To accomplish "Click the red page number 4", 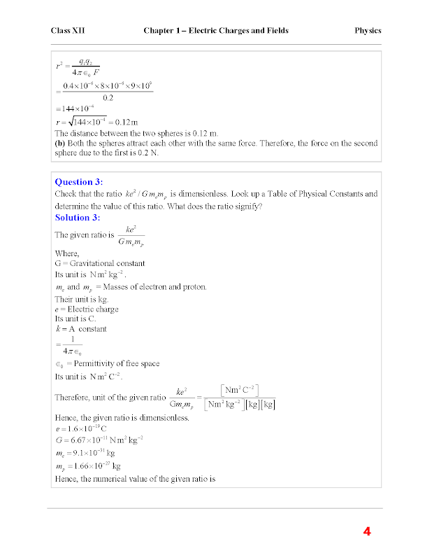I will pos(366,531).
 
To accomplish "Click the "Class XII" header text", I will pos(68,31).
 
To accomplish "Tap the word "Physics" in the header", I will pos(368,31).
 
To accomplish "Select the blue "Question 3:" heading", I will pos(79,182).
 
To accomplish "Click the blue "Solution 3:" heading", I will pos(78,217).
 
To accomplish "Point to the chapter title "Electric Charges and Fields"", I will pos(242,31).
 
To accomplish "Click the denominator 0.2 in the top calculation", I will pos(108,98).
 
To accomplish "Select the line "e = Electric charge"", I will pos(86,309).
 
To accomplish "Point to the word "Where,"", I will pos(67,253).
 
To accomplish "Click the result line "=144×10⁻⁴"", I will pos(79,110).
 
